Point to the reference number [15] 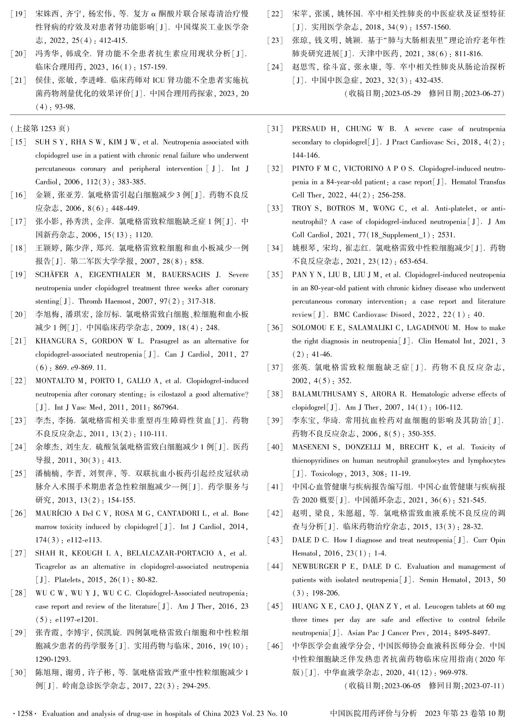19,142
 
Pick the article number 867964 165,407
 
